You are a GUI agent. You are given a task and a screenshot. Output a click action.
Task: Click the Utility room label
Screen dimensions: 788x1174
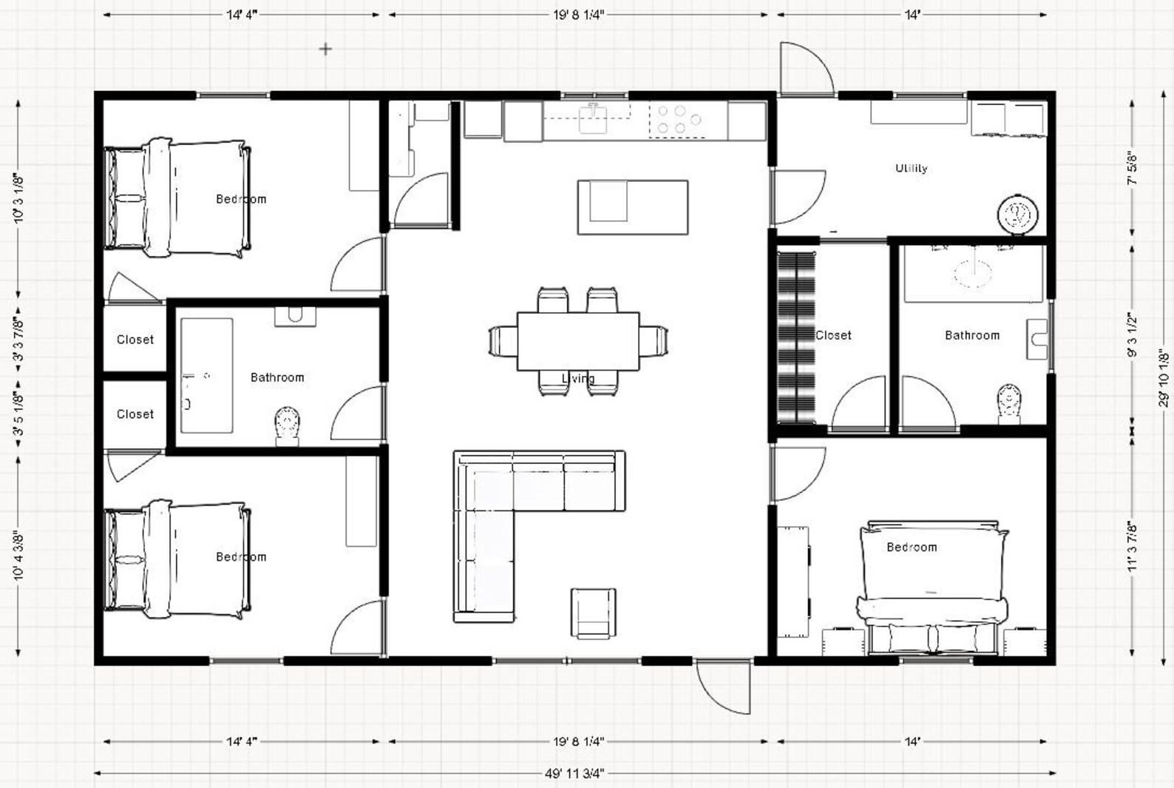pos(911,168)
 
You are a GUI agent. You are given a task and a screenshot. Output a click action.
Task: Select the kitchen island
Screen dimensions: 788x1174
pos(632,207)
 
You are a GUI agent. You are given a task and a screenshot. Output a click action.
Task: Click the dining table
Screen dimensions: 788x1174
pos(577,340)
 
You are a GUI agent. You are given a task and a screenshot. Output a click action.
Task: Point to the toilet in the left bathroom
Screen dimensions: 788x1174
pos(288,425)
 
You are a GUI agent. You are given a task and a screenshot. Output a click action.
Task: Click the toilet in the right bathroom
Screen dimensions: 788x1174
pos(1009,403)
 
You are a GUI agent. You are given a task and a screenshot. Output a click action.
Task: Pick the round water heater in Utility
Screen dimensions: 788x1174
pos(1019,215)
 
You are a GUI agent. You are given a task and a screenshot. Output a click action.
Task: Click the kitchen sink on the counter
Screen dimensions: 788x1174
pos(593,118)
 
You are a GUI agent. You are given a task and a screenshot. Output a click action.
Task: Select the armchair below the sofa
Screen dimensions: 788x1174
pos(593,613)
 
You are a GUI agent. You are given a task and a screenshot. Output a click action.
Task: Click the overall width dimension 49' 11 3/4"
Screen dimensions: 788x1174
pos(574,773)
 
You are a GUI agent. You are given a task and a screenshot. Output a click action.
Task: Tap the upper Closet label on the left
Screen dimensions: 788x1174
pos(135,340)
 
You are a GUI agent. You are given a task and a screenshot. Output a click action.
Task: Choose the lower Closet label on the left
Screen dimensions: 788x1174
pos(135,414)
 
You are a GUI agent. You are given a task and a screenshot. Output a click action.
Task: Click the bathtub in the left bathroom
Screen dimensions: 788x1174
pos(207,375)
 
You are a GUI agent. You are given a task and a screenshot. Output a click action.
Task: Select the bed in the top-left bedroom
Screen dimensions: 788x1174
pos(177,198)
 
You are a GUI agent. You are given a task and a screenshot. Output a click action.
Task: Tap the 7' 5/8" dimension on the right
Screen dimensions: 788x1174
pos(1132,169)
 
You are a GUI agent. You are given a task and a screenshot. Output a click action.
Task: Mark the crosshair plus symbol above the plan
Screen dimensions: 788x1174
pos(325,50)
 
